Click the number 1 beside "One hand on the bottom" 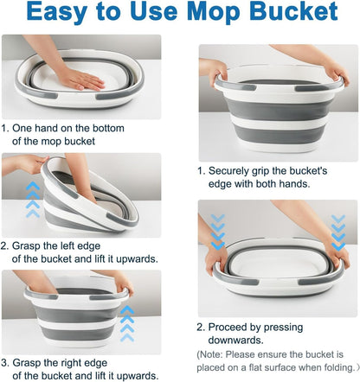click(6, 128)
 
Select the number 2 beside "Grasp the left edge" click(6, 245)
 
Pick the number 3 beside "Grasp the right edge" click(6, 362)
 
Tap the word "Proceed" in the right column click(233, 328)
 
